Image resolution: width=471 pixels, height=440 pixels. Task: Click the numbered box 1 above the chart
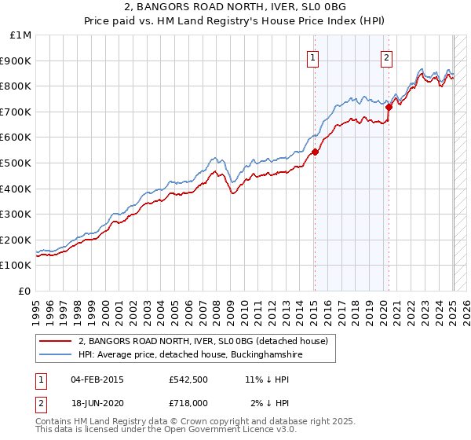point(313,57)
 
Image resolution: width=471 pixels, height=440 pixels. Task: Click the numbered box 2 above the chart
point(388,57)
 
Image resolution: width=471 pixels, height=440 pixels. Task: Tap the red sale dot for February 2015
point(315,152)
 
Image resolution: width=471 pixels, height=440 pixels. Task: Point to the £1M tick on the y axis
point(21,35)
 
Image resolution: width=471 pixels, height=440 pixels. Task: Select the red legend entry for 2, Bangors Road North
point(207,341)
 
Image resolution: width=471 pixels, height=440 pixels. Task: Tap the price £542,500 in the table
point(188,379)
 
